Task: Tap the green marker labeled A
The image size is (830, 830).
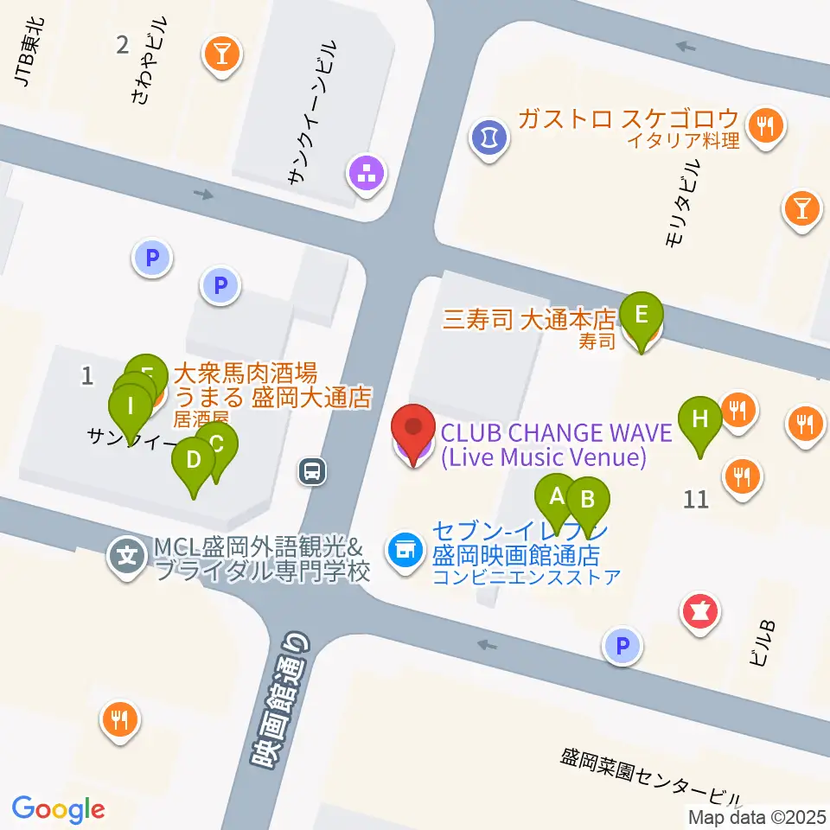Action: pyautogui.click(x=556, y=496)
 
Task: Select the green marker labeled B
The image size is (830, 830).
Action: pyautogui.click(x=588, y=500)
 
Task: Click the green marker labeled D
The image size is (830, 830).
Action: pyautogui.click(x=194, y=459)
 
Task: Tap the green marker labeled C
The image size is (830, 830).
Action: pyautogui.click(x=217, y=444)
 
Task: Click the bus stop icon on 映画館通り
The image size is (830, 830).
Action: pyautogui.click(x=312, y=471)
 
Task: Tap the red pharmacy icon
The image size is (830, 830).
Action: pyautogui.click(x=700, y=611)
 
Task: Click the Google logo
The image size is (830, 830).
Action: pyautogui.click(x=59, y=808)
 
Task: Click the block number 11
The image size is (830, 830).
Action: pyautogui.click(x=696, y=499)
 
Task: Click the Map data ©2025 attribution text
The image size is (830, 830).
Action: pyautogui.click(x=757, y=816)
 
